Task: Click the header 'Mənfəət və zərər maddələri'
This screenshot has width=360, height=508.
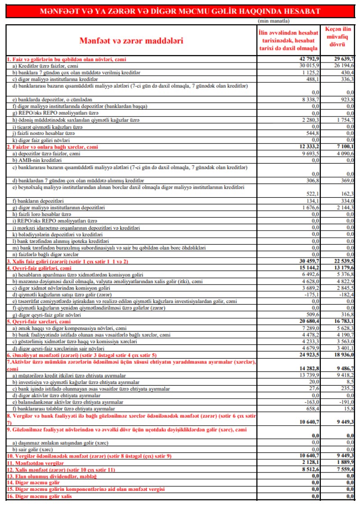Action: [131, 40]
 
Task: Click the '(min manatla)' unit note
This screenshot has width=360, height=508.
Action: [274, 21]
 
